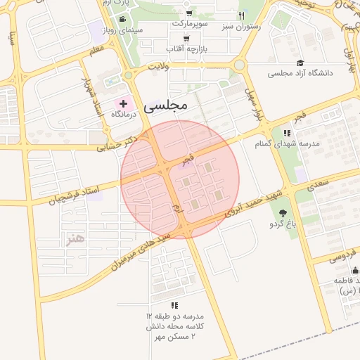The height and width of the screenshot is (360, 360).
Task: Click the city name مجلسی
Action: [165, 106]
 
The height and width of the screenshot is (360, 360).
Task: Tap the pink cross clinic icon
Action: [124, 103]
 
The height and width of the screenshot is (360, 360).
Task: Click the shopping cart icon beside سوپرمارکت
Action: [189, 14]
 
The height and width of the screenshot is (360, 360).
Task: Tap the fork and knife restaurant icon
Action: [241, 15]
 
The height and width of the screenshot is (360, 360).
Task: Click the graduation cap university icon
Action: [300, 63]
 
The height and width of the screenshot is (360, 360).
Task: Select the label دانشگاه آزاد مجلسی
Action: [310, 72]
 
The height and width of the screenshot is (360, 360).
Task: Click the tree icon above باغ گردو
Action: [283, 213]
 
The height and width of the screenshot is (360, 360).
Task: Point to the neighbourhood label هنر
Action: [75, 238]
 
